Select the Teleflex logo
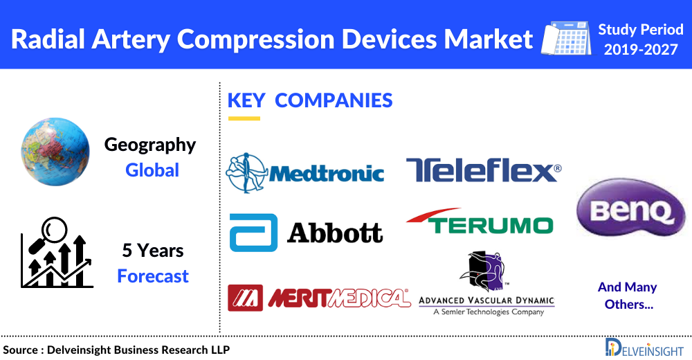pyautogui.click(x=483, y=170)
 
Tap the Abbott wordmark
pyautogui.click(x=335, y=232)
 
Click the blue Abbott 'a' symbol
pyautogui.click(x=253, y=232)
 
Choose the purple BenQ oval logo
pyautogui.click(x=626, y=210)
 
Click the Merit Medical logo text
pyautogui.click(x=338, y=298)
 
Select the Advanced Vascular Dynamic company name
pyautogui.click(x=486, y=300)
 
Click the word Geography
pyautogui.click(x=150, y=145)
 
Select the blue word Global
pyautogui.click(x=152, y=170)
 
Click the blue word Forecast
pyautogui.click(x=153, y=276)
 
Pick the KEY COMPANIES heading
pyautogui.click(x=310, y=100)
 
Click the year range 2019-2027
pyautogui.click(x=641, y=50)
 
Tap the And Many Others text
pyautogui.click(x=627, y=296)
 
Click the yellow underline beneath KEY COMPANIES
pyautogui.click(x=244, y=118)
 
